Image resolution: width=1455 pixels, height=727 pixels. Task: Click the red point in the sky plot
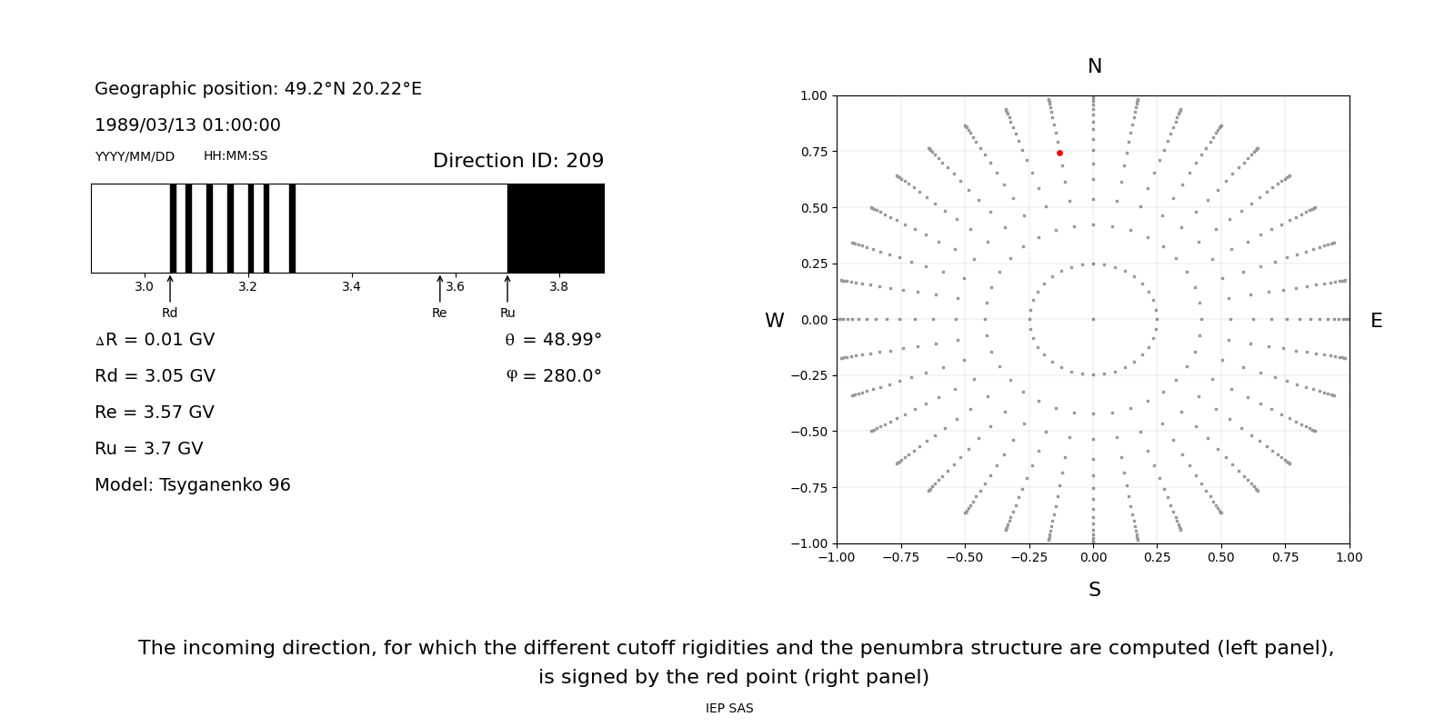(x=1059, y=153)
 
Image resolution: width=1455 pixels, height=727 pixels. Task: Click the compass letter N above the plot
(x=1094, y=66)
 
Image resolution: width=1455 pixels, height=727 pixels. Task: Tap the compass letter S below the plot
(x=1094, y=590)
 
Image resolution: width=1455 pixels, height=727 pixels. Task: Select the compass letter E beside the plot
(x=1376, y=321)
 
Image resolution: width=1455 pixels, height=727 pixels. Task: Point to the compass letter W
(x=774, y=321)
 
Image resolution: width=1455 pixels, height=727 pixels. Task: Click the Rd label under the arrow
(x=170, y=314)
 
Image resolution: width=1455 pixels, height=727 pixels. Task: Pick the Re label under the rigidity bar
(x=439, y=314)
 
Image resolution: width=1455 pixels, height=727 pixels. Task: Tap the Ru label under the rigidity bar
(x=507, y=314)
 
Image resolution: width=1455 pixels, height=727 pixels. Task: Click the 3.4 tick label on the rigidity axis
(x=351, y=287)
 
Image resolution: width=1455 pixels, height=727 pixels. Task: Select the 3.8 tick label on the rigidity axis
(x=558, y=287)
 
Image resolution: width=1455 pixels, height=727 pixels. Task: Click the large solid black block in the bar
(x=556, y=228)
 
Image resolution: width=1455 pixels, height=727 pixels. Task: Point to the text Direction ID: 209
(x=518, y=161)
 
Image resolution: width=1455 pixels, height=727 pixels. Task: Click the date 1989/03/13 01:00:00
(x=187, y=125)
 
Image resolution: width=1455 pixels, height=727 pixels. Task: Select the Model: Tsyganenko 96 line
(x=193, y=485)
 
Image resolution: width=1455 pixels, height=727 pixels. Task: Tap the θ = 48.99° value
(x=553, y=340)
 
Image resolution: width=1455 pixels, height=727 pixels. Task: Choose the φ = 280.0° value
(x=553, y=376)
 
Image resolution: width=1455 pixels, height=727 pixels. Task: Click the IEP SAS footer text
(x=729, y=709)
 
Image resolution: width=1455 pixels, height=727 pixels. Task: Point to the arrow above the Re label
(x=440, y=289)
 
